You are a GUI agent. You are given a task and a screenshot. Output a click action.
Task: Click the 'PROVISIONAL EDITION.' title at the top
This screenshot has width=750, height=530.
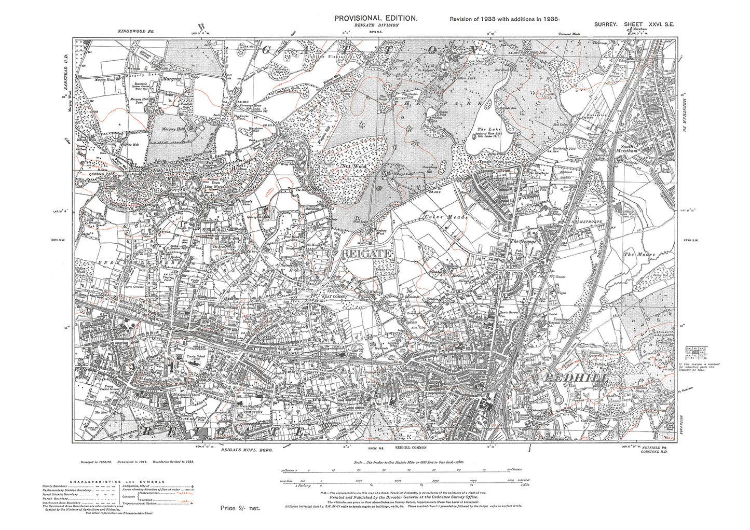coord(375,18)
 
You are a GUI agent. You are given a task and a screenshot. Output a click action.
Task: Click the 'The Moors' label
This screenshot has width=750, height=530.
coord(640,255)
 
